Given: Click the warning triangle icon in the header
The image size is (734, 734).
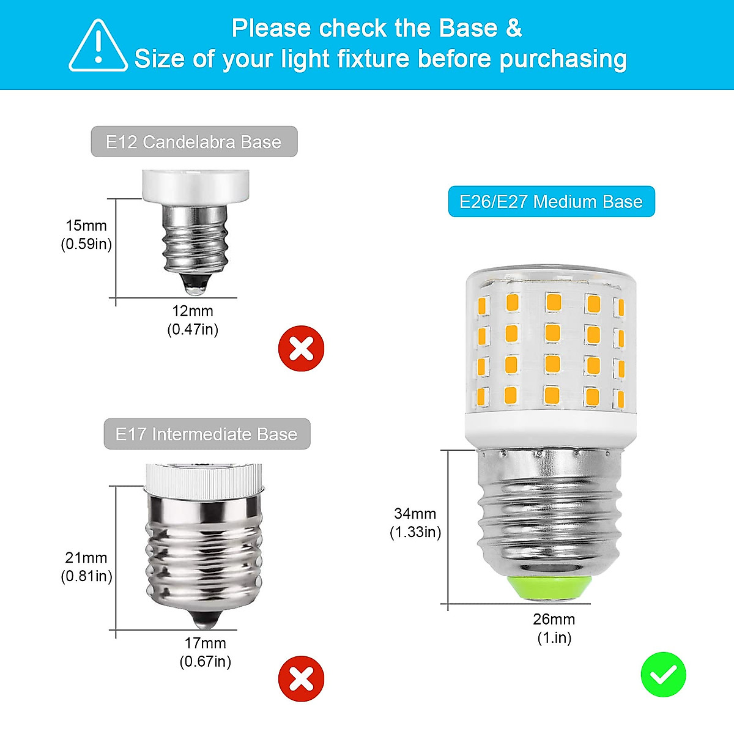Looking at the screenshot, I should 98,46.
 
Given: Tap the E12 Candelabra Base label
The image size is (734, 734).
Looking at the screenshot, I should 194,142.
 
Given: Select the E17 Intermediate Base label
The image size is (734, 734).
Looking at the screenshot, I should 207,434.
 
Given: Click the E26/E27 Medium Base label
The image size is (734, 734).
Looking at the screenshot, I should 551,202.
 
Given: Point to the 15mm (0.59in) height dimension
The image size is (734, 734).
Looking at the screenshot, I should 86,235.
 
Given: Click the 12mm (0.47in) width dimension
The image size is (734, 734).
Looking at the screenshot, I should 193,320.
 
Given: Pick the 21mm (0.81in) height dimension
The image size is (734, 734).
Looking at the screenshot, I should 86,567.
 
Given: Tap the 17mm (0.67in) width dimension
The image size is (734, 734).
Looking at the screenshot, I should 206,652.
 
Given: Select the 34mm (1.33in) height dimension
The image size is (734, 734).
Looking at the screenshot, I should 415,523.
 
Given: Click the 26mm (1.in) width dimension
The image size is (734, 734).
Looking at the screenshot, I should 554,628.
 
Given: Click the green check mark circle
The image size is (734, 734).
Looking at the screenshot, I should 663,674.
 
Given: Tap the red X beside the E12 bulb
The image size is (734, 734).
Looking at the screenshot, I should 301,349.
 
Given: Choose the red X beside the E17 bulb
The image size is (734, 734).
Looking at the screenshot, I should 301,678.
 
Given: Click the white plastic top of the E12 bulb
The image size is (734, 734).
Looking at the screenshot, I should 195,185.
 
